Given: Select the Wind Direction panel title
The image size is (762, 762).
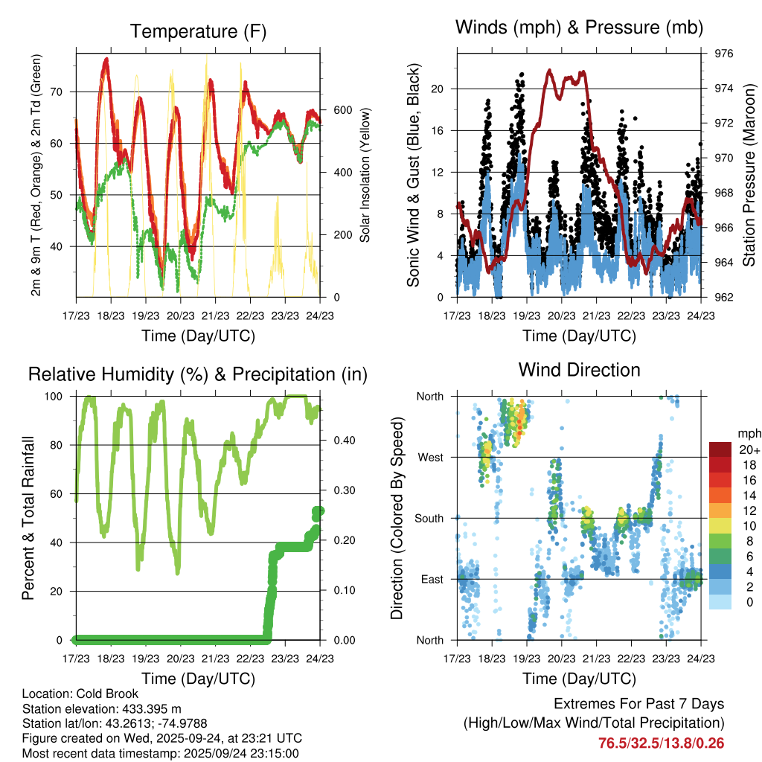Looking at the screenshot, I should click(x=579, y=370).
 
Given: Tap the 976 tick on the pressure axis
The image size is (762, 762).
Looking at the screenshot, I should click(x=724, y=54).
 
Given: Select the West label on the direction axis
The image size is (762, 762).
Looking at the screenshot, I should click(x=431, y=457).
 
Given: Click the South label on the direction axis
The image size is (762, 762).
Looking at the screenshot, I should click(x=429, y=518).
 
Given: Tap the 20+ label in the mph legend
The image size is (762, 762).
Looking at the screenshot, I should click(x=749, y=449).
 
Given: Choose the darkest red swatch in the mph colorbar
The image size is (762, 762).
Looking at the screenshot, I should click(x=721, y=449).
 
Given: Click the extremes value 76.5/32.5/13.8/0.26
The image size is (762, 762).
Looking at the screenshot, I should click(x=661, y=743).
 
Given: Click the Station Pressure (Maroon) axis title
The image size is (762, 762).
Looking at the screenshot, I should click(x=749, y=176).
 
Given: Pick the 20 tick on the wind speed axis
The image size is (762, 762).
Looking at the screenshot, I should click(x=438, y=89).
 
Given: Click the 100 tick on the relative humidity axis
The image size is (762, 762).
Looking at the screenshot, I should click(x=58, y=396).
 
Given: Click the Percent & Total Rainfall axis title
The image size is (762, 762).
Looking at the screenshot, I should click(x=29, y=518).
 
